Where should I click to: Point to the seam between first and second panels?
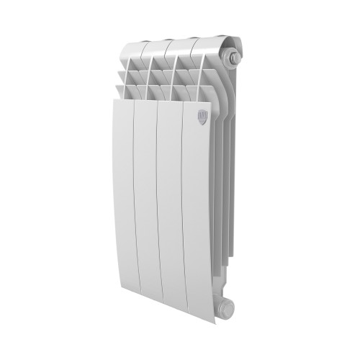(x=134, y=209)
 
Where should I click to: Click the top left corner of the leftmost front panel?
(x=115, y=102)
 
